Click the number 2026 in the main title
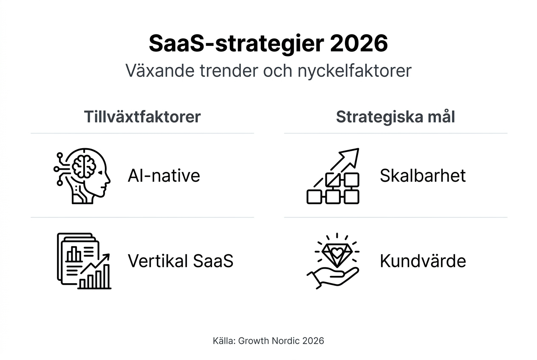pyautogui.click(x=359, y=43)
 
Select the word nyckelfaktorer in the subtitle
pyautogui.click(x=355, y=71)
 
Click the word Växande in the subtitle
pyautogui.click(x=160, y=70)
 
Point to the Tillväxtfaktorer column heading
pyautogui.click(x=142, y=117)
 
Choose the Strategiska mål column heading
pyautogui.click(x=396, y=117)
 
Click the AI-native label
pyautogui.click(x=164, y=176)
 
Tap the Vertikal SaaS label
pyautogui.click(x=181, y=261)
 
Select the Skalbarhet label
pyautogui.click(x=423, y=176)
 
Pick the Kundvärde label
pyautogui.click(x=423, y=261)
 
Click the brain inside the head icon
pyautogui.click(x=84, y=166)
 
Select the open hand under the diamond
pyautogui.click(x=333, y=278)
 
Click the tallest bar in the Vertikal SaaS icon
pyautogui.click(x=106, y=276)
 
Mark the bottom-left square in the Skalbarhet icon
pyautogui.click(x=314, y=197)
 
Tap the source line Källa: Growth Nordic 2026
pyautogui.click(x=268, y=341)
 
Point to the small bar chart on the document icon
pyautogui.click(x=73, y=254)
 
